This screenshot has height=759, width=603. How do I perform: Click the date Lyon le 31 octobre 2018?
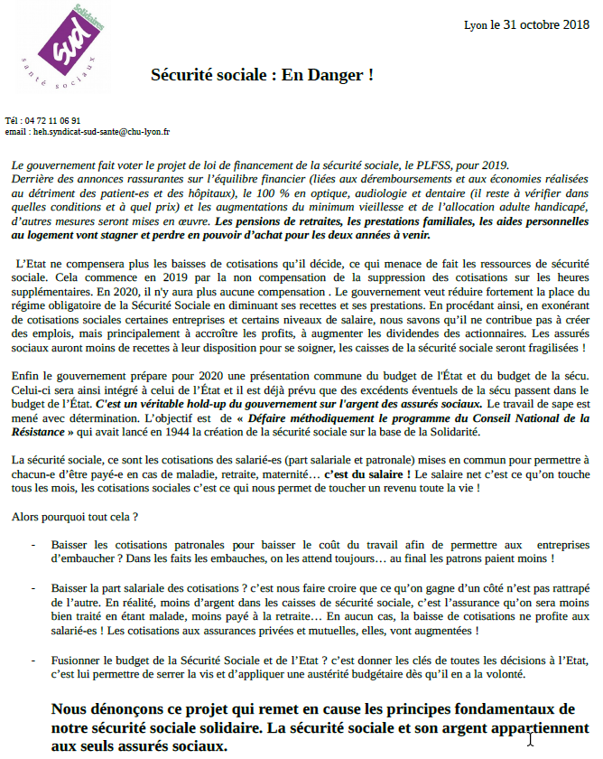(526, 25)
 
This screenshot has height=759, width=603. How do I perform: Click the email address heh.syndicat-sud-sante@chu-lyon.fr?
(100, 132)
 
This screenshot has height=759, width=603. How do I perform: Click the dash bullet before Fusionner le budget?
(34, 660)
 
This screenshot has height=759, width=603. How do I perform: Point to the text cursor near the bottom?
(531, 738)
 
